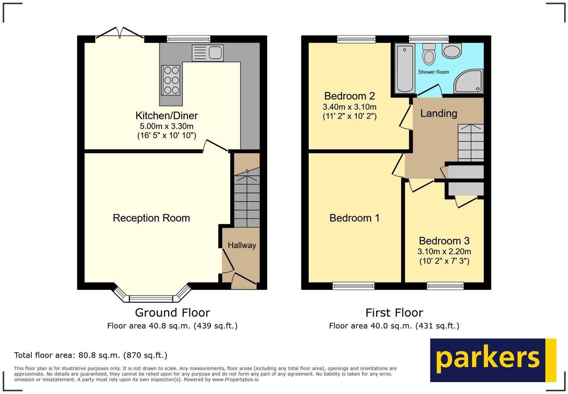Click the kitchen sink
tap(208, 53)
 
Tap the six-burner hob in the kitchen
tap(171, 80)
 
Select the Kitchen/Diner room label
tap(167, 116)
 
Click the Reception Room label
tap(151, 218)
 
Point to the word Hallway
tap(242, 245)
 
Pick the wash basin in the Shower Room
tap(452, 51)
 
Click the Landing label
tap(439, 113)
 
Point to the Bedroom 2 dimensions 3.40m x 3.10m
tap(350, 107)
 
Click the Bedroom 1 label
tap(355, 218)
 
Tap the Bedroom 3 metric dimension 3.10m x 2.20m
tap(444, 251)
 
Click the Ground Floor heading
tap(172, 313)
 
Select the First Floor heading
tap(394, 313)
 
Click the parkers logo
tap(493, 360)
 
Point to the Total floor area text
tap(91, 355)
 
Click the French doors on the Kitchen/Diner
tap(120, 33)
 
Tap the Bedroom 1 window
tap(354, 286)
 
